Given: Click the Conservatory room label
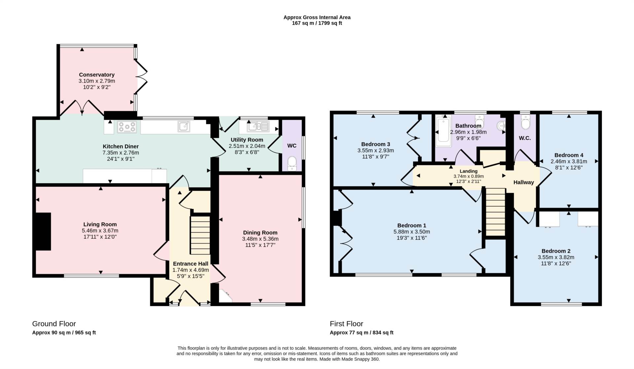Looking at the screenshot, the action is click(97, 75).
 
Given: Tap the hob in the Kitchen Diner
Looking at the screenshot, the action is click(127, 127).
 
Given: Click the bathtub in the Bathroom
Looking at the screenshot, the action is click(443, 131).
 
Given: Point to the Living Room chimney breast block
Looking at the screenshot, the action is click(43, 231).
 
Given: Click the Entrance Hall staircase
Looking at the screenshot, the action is click(200, 235).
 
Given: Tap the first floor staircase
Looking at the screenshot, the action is click(496, 212).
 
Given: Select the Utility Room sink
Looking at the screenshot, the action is click(258, 126).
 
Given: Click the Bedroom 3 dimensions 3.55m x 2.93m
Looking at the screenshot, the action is click(375, 150).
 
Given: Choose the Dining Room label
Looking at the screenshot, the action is click(260, 232).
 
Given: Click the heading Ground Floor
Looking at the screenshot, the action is click(54, 324).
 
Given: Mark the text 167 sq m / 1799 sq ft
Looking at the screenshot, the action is click(317, 23).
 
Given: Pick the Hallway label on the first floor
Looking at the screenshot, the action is click(524, 182).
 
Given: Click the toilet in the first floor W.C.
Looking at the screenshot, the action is click(525, 122).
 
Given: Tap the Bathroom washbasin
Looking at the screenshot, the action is click(501, 126).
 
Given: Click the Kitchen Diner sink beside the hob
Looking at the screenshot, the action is click(184, 126).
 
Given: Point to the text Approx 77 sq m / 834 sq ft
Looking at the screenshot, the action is click(362, 333).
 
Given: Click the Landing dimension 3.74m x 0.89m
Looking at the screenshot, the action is click(469, 176).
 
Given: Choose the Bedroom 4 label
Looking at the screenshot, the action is click(569, 155).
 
